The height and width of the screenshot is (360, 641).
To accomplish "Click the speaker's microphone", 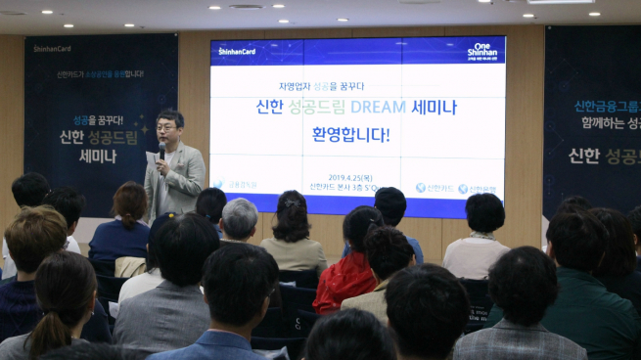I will tap(161, 149).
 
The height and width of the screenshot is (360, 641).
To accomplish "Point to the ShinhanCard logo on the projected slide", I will tap(237, 51).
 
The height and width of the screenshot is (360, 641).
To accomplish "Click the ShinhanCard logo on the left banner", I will tap(53, 47).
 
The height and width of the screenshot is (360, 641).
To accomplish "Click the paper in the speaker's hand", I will tap(151, 157).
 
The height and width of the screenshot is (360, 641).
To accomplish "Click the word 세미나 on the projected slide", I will tap(436, 107).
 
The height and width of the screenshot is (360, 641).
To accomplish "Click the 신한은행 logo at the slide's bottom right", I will tap(480, 188).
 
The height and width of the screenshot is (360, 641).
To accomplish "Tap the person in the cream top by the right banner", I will tap(478, 251).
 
